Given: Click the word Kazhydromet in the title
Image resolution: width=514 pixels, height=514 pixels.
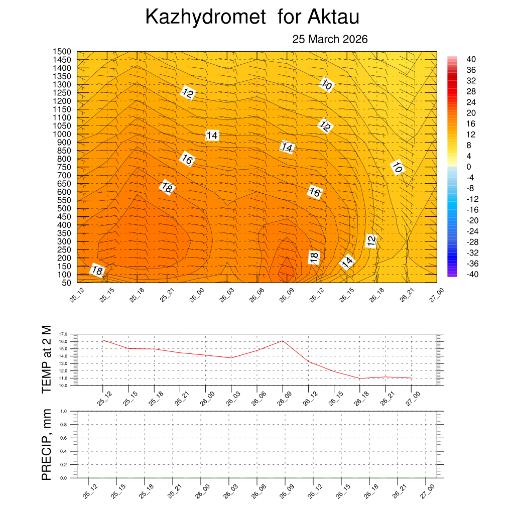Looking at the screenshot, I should pyautogui.click(x=205, y=18).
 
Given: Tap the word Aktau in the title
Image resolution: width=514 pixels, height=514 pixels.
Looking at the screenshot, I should pyautogui.click(x=333, y=18).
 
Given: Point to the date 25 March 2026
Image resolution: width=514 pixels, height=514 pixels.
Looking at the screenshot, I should pyautogui.click(x=330, y=40).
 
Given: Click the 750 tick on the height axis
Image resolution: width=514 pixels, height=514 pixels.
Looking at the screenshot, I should pyautogui.click(x=64, y=167).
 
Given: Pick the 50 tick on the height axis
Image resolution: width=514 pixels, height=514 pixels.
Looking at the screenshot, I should pyautogui.click(x=66, y=283).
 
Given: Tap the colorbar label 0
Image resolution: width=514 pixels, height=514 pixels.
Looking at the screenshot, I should pyautogui.click(x=468, y=167).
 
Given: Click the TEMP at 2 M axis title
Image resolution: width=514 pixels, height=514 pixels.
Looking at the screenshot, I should pyautogui.click(x=47, y=359).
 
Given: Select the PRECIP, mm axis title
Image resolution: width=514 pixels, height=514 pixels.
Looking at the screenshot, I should pyautogui.click(x=47, y=445).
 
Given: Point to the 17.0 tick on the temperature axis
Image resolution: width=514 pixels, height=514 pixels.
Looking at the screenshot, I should pyautogui.click(x=63, y=334).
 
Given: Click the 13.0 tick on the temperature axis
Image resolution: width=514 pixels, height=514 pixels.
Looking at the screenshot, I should pyautogui.click(x=63, y=363).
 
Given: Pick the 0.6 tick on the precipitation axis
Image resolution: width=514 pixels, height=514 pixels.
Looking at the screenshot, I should pyautogui.click(x=64, y=438).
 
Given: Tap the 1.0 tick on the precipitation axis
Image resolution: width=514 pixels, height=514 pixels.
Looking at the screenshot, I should pyautogui.click(x=64, y=411).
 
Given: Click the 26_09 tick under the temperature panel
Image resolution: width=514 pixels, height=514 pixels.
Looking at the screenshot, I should pyautogui.click(x=281, y=395).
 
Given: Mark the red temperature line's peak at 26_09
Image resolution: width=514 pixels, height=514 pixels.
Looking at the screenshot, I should pyautogui.click(x=283, y=341).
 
